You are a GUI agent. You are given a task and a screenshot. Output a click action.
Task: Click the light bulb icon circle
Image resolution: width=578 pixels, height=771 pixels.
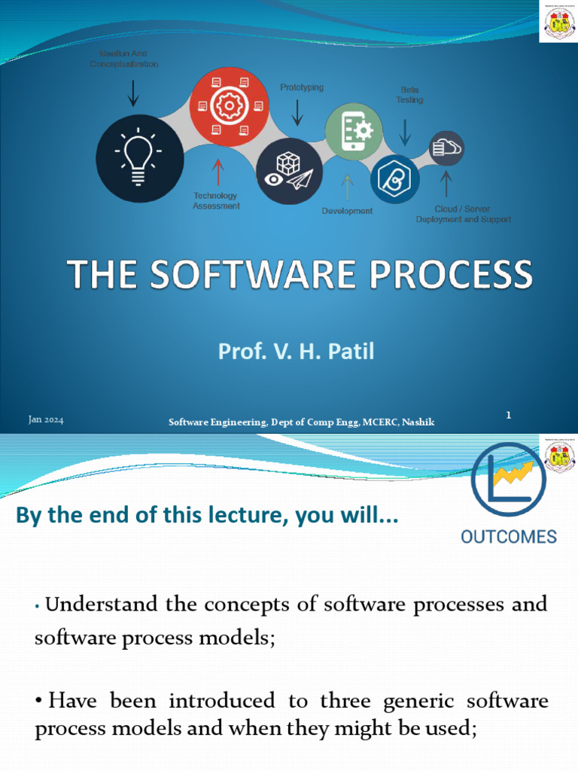140,158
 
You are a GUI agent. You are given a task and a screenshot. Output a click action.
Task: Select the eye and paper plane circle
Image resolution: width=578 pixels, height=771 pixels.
290,171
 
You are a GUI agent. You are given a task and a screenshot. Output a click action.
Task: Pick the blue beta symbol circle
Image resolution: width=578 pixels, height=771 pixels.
395,179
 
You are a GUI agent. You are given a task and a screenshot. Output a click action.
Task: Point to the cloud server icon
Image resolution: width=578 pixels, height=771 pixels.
446,148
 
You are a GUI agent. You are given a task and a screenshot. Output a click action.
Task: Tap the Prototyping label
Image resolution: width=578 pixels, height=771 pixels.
302,87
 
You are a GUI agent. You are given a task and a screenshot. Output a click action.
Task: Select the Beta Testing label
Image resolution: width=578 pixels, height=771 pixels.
409,95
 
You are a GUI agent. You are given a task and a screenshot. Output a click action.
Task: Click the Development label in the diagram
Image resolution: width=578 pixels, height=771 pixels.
347,211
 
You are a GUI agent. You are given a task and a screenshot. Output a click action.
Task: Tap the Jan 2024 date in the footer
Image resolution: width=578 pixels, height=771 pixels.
46,420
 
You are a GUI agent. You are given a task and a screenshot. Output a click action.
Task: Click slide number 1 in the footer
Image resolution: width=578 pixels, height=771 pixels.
509,415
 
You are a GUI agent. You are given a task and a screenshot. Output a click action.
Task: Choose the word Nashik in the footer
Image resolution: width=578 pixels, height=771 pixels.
418,422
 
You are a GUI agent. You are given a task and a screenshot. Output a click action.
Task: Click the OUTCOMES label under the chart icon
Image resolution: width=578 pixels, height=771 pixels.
508,537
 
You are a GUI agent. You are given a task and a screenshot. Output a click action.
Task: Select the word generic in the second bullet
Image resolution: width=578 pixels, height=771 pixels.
426,701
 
